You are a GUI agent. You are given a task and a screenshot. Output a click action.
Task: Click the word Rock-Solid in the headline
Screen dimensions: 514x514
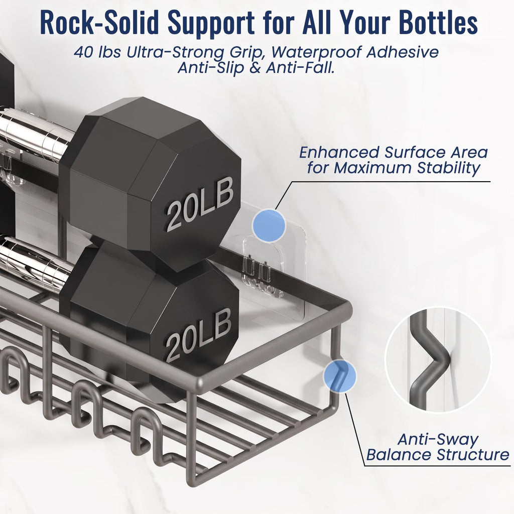99,23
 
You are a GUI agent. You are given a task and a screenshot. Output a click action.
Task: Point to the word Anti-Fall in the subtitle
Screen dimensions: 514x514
300,68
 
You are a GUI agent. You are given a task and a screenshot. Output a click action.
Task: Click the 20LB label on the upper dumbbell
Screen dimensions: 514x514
200,204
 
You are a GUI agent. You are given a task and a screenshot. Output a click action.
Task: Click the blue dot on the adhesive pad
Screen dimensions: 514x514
269,225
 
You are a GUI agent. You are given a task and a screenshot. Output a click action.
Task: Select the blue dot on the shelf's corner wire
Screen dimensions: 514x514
339,376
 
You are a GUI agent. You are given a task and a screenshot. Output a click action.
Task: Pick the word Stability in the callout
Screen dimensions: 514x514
448,168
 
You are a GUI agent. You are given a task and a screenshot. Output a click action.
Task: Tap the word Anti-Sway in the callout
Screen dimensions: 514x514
438,440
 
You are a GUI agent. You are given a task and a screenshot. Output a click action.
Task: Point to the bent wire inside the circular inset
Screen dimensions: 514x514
426,359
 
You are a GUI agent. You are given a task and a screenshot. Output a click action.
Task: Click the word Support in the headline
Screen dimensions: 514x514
211,24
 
